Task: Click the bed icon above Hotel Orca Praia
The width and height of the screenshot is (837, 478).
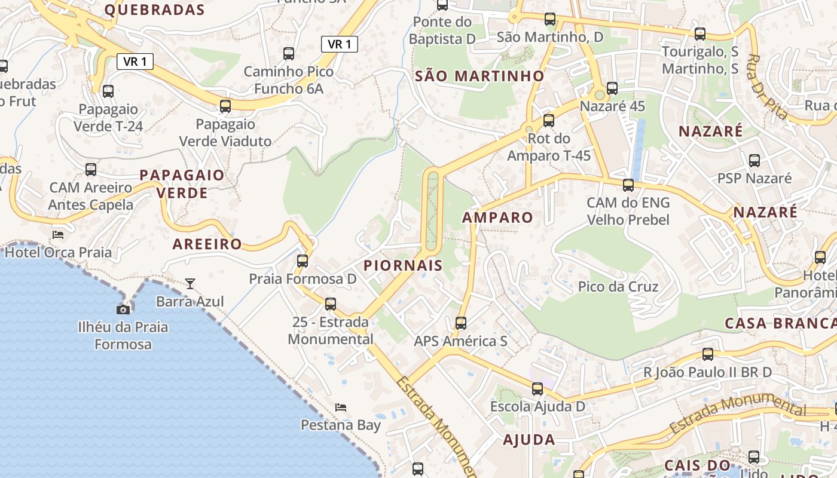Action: [x=58, y=234]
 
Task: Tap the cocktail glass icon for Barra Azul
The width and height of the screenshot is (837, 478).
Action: [x=190, y=283]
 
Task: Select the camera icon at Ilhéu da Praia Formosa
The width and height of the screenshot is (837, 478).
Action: [x=123, y=310]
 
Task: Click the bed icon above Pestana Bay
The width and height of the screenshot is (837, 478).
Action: [x=341, y=407]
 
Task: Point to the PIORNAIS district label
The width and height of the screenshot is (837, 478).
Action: [x=403, y=265]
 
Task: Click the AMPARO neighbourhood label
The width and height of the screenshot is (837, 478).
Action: [x=497, y=217]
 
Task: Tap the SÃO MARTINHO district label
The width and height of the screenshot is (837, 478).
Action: [x=479, y=76]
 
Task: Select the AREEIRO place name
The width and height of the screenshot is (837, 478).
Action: [x=207, y=244]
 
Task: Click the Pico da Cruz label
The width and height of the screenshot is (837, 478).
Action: [x=618, y=286]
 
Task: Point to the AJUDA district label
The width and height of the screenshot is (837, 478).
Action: [x=529, y=440]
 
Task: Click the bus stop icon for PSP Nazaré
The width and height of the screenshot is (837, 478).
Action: [x=754, y=160]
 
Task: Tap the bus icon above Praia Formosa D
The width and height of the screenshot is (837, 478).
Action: [x=303, y=261]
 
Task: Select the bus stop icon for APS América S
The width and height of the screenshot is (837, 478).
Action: [x=460, y=323]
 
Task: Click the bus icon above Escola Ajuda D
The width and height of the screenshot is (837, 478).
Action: [x=537, y=389]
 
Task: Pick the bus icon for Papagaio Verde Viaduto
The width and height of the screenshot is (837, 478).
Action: [x=225, y=106]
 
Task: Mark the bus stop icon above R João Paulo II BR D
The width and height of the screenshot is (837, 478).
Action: [x=708, y=354]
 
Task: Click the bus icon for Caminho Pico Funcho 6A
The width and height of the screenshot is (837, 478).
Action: [x=289, y=54]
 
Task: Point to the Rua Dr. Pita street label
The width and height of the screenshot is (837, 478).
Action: [x=768, y=87]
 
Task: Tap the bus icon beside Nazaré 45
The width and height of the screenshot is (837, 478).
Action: [x=612, y=88]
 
